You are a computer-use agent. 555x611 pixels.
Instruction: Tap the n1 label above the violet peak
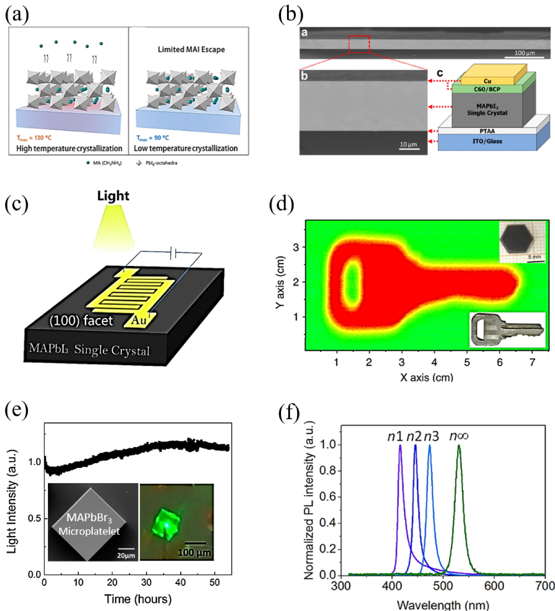pos(395,436)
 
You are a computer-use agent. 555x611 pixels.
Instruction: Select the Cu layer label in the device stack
pos(487,81)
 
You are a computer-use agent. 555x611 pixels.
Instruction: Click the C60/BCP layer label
pos(487,89)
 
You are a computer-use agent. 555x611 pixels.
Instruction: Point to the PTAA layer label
pos(487,131)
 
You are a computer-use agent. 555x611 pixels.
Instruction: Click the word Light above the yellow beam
pos(113,196)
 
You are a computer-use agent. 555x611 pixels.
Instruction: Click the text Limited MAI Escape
pos(191,49)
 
